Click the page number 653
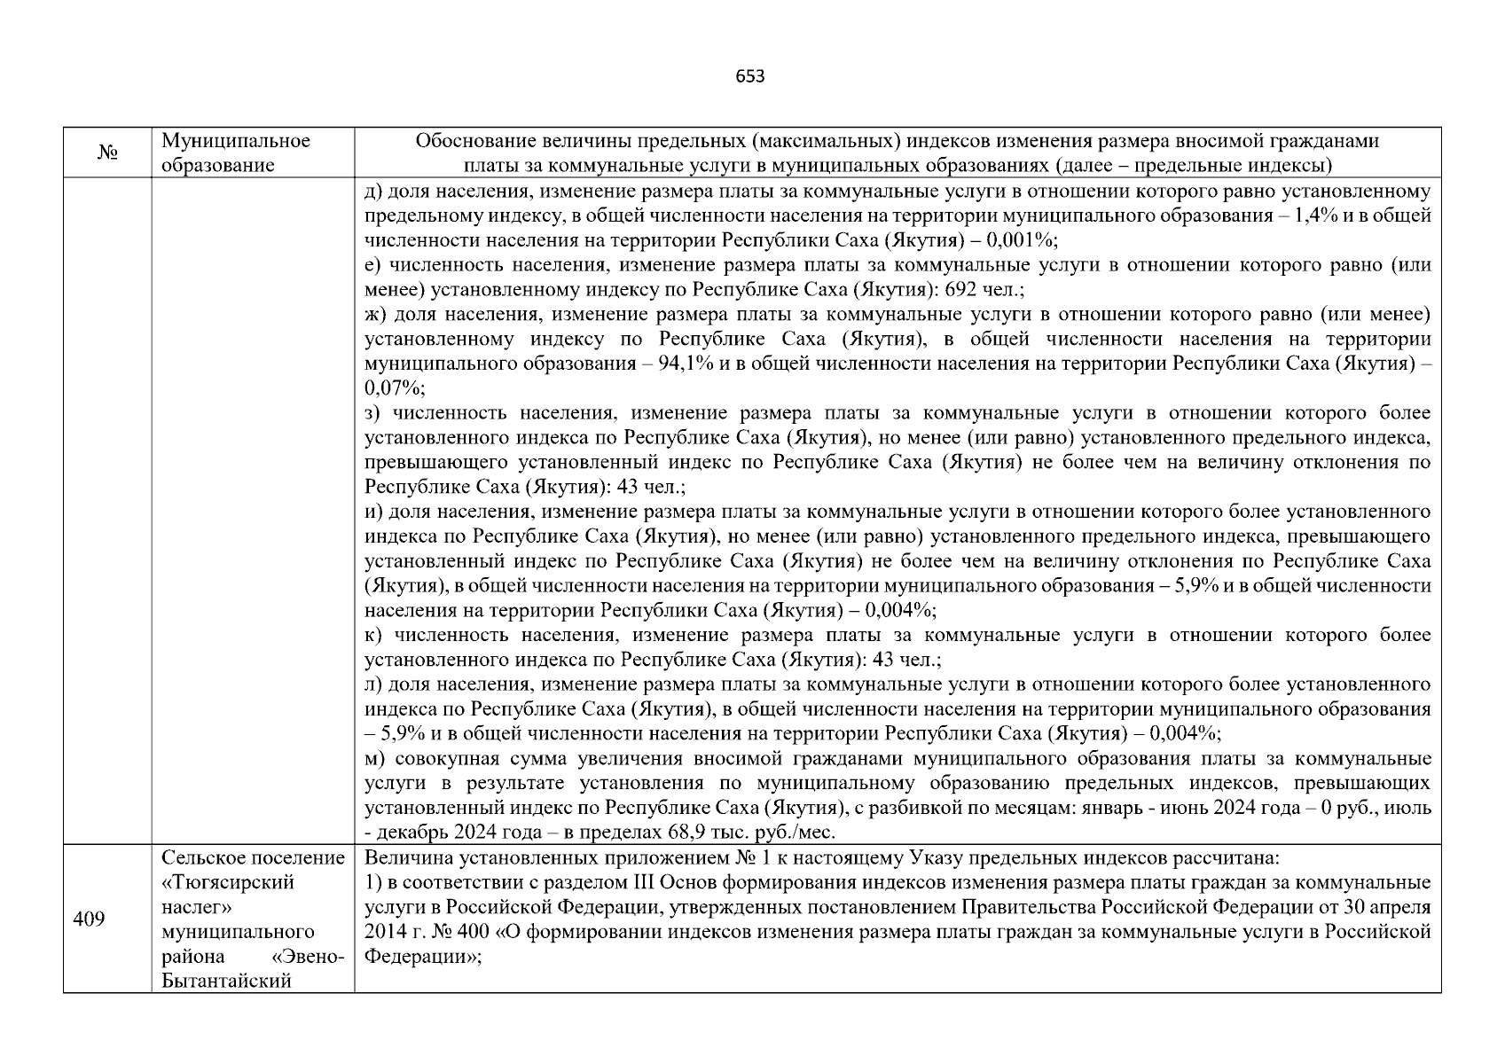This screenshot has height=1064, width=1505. (750, 76)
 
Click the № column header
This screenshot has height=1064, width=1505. (107, 153)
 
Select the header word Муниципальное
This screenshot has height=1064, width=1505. (236, 141)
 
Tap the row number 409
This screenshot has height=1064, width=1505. (89, 919)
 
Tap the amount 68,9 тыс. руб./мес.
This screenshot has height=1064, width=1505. (761, 833)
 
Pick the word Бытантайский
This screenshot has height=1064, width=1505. (227, 981)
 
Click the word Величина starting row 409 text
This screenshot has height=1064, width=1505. (403, 858)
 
